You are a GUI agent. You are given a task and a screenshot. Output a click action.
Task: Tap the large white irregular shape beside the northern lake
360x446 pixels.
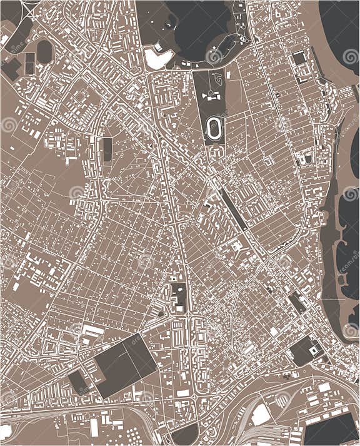(158, 58)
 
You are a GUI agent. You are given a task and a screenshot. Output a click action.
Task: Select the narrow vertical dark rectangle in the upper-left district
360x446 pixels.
(107, 149)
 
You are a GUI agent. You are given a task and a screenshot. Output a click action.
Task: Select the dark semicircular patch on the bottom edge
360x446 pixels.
(186, 436)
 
